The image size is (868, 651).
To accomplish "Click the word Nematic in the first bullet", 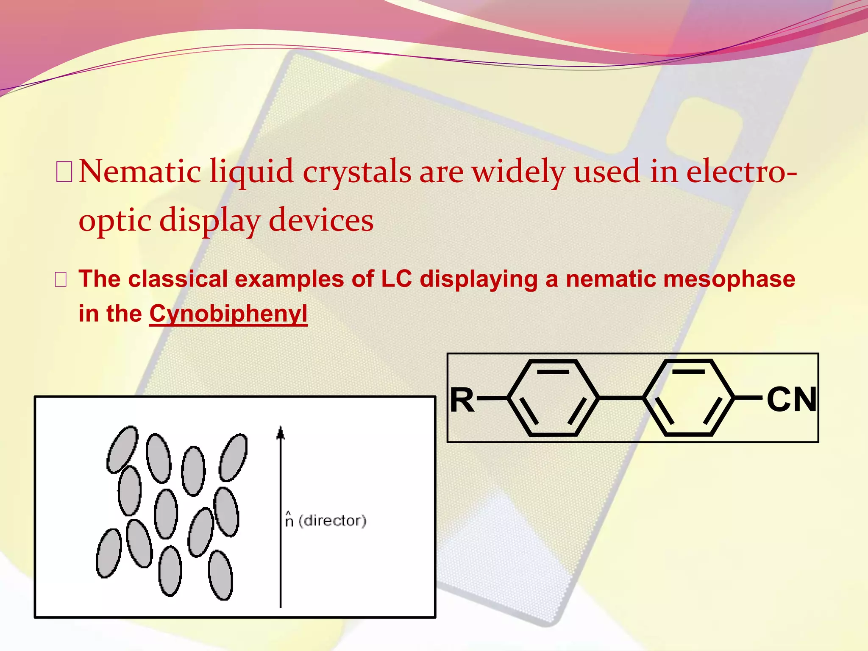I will pos(140,172).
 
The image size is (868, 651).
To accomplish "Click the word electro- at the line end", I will pos(742,172).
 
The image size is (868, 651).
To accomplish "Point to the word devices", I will pos(321,220).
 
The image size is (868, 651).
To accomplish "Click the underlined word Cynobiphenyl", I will pos(228,314).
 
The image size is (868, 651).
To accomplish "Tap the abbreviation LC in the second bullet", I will pos(396,279).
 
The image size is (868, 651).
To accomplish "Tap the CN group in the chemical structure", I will pos(791,400).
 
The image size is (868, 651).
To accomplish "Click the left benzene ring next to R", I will pos(553,398).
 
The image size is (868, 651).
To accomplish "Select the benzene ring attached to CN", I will pos(689,398).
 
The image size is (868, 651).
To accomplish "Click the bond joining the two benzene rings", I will pos(621,398).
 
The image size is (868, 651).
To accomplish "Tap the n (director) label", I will pos(325,520).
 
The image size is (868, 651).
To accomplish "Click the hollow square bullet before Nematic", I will pos(64,172).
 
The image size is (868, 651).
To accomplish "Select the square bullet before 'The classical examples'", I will pos(61,280).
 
